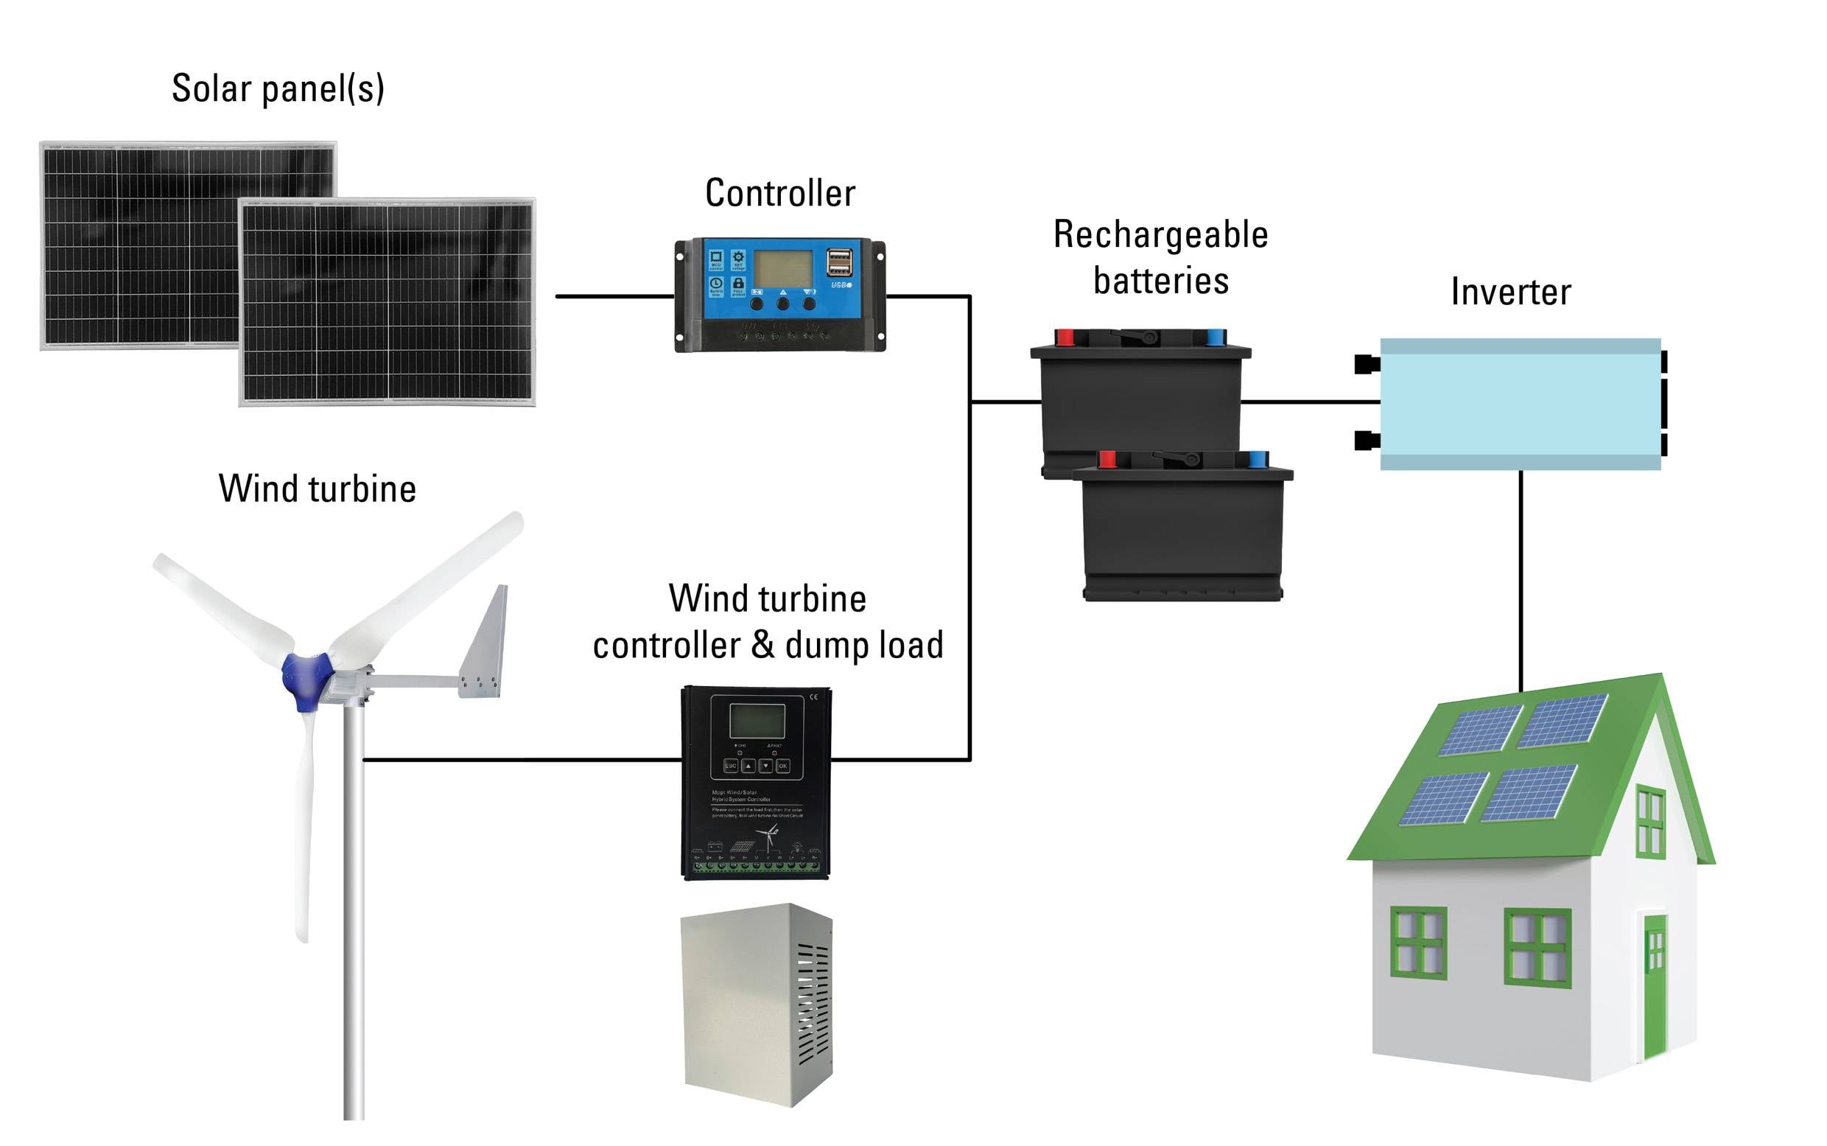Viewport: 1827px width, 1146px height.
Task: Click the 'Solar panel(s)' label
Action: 278,88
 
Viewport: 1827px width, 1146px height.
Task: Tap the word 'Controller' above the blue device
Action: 779,193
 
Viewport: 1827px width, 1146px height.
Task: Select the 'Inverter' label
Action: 1510,292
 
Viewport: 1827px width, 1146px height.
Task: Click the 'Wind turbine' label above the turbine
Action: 318,489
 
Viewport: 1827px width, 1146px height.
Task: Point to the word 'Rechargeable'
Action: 1160,235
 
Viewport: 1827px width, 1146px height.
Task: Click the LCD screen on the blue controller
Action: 782,268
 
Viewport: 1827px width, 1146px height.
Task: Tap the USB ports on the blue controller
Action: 839,262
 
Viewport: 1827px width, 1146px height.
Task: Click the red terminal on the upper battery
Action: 1065,338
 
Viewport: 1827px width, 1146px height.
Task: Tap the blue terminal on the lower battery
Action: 1258,459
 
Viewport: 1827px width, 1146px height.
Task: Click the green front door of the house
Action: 1655,985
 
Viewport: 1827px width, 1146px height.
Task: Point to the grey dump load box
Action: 756,1005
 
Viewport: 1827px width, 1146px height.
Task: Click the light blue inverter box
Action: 1520,403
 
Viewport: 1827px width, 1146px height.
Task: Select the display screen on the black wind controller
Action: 756,720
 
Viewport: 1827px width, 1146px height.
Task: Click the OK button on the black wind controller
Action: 783,766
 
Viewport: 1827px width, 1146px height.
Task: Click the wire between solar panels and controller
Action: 614,296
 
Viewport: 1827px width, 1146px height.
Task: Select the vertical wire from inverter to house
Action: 1521,576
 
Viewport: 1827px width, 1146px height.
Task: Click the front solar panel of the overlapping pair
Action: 387,303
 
